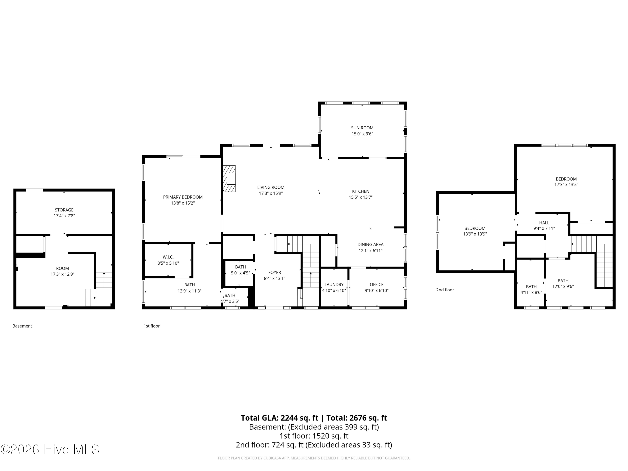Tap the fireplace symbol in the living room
(229, 179)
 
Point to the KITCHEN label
(360, 191)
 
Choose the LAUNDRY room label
(334, 284)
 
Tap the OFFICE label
(376, 284)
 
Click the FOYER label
(274, 273)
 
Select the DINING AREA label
(371, 245)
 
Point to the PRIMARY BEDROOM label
(183, 197)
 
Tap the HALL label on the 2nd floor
(544, 223)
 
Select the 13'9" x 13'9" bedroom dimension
(475, 234)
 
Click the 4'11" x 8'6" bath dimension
(531, 292)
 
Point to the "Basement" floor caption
(22, 326)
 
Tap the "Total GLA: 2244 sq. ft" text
(279, 418)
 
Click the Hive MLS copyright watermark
(50, 449)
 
